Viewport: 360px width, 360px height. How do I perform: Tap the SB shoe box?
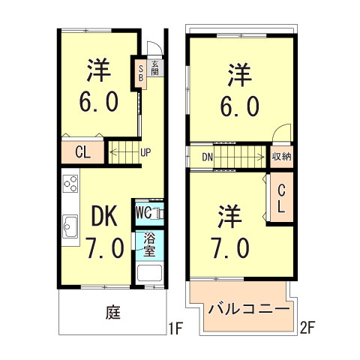[x=139, y=74]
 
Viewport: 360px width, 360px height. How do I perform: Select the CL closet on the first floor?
[x=83, y=151]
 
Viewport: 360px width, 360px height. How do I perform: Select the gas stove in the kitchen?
[x=70, y=184]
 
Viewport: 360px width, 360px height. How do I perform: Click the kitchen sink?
[x=71, y=225]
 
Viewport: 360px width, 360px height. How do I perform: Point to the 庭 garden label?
[x=114, y=312]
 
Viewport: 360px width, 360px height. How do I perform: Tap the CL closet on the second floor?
[x=280, y=199]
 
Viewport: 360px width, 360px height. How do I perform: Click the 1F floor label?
[x=176, y=328]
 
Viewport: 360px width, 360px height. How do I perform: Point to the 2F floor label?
[x=308, y=328]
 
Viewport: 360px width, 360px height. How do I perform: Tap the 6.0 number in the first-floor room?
[x=99, y=102]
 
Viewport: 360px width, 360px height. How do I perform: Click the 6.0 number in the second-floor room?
[x=241, y=106]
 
